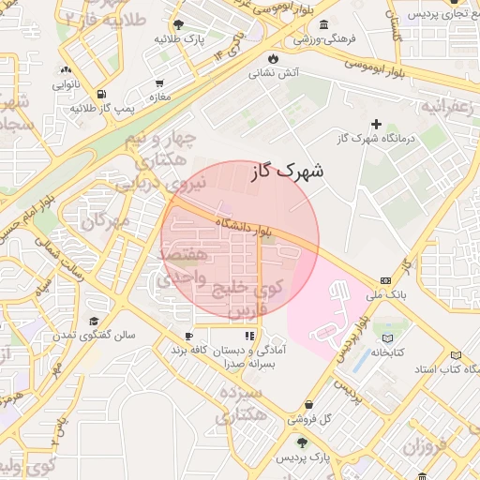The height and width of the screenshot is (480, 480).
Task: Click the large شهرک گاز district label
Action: coord(288,172)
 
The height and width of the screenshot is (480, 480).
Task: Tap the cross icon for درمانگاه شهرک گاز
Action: coord(377,124)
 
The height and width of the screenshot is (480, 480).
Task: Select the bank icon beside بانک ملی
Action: coord(385,281)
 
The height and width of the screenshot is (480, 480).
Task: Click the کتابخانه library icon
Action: coord(388,337)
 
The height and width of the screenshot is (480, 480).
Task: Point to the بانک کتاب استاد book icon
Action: coord(456,356)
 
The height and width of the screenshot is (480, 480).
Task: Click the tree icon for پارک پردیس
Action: coord(301,442)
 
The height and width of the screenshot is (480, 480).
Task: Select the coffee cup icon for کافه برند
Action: coord(188,336)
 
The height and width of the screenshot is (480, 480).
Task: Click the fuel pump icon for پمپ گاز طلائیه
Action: coord(100,95)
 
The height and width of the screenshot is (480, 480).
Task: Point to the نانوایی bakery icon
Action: coord(66,69)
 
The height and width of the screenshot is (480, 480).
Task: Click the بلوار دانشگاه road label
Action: coord(243,226)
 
